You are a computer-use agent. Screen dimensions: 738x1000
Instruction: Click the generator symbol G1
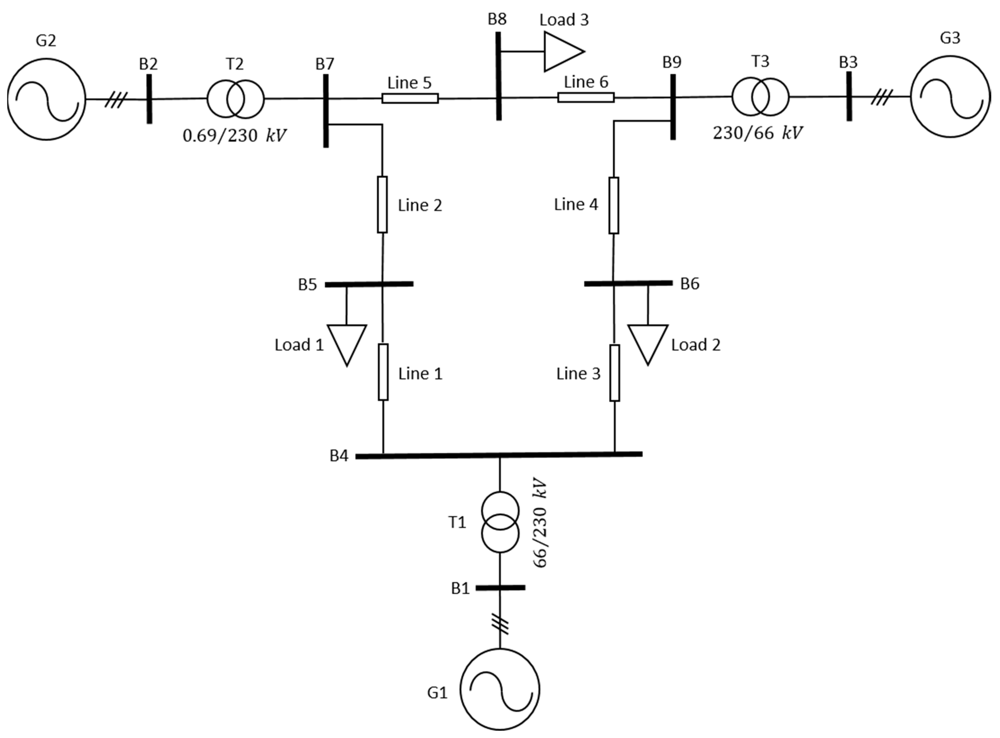pyautogui.click(x=500, y=689)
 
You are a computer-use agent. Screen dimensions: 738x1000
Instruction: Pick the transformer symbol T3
pyautogui.click(x=760, y=97)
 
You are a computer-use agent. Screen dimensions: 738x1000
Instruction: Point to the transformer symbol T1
pyautogui.click(x=500, y=522)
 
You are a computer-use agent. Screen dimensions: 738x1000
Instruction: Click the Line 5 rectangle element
pyautogui.click(x=410, y=98)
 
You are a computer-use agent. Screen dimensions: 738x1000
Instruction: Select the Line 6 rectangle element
pyautogui.click(x=586, y=97)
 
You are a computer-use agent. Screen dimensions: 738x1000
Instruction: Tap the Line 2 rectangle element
pyautogui.click(x=382, y=205)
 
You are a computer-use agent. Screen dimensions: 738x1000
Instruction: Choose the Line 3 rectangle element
pyautogui.click(x=615, y=373)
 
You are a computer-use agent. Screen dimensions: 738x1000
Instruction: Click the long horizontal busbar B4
pyautogui.click(x=499, y=455)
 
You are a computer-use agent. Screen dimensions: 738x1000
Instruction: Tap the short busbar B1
pyautogui.click(x=500, y=588)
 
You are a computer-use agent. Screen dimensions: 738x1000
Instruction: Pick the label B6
pyautogui.click(x=689, y=284)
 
